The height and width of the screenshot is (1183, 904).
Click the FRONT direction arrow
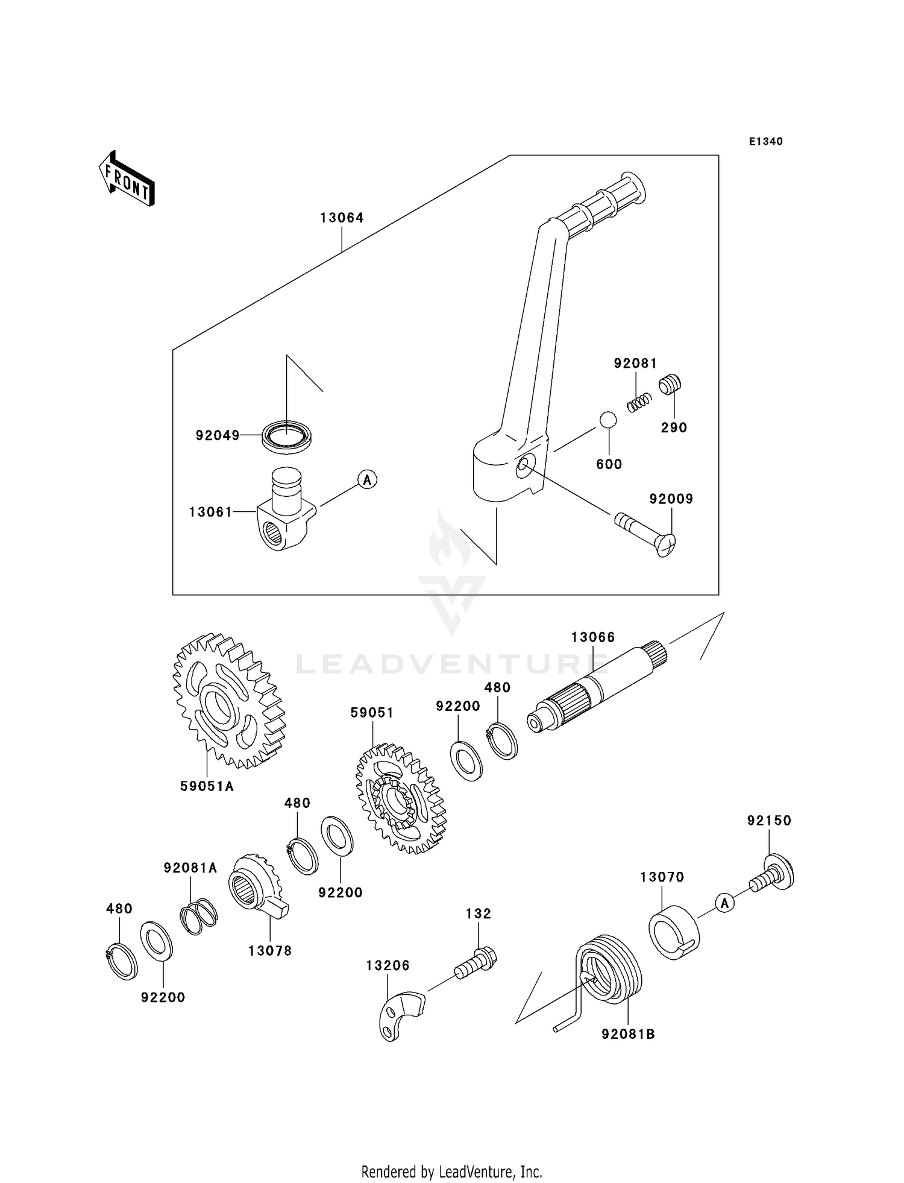click(x=127, y=179)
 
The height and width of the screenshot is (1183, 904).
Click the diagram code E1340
click(x=765, y=142)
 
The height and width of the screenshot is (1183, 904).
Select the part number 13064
click(x=342, y=218)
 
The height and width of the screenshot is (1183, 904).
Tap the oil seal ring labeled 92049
click(x=287, y=435)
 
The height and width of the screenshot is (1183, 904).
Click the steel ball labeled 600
click(x=608, y=420)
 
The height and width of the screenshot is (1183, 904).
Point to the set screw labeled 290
click(x=670, y=384)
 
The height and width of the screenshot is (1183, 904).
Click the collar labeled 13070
click(x=673, y=932)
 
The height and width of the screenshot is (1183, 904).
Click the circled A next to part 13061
click(x=367, y=480)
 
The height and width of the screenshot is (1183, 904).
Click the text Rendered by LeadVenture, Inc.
click(x=451, y=1172)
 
